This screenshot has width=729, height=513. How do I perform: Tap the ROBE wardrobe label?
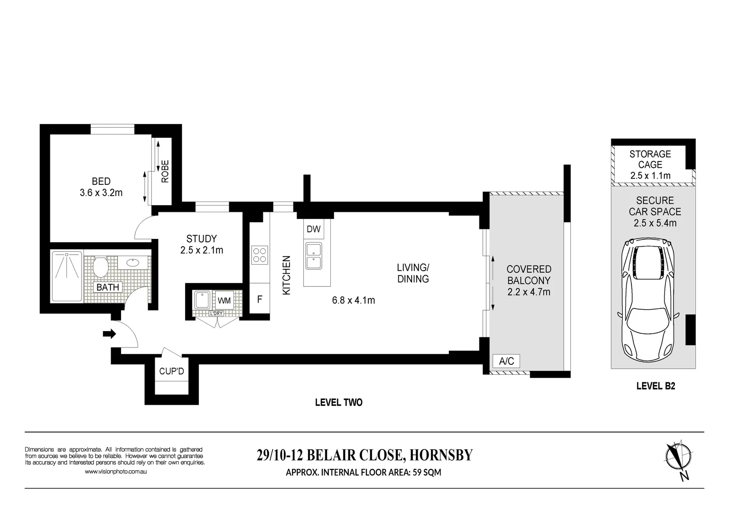click(x=165, y=171)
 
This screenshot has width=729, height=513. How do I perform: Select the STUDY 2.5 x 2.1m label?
click(x=202, y=244)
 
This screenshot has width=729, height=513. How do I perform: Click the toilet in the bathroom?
click(x=100, y=267)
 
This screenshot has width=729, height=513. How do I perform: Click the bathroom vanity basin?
click(x=133, y=262)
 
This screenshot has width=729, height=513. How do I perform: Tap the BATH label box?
click(x=108, y=287)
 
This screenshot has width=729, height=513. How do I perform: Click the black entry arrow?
click(x=109, y=334)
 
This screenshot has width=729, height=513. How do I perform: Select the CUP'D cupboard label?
click(x=171, y=371)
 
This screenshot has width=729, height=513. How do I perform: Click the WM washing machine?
click(x=224, y=301)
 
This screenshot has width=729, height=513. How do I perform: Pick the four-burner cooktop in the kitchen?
click(x=259, y=255)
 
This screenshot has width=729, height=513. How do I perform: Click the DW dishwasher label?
click(x=313, y=229)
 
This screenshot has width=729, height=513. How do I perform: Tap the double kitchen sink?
click(x=313, y=256)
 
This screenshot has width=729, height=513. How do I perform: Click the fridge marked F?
click(x=260, y=300)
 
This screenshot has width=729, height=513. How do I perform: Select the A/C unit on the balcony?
click(x=506, y=361)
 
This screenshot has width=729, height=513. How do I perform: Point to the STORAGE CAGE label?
click(x=650, y=159)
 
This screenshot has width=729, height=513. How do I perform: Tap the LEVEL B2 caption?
click(x=655, y=386)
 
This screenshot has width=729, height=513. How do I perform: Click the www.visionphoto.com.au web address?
click(x=115, y=472)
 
